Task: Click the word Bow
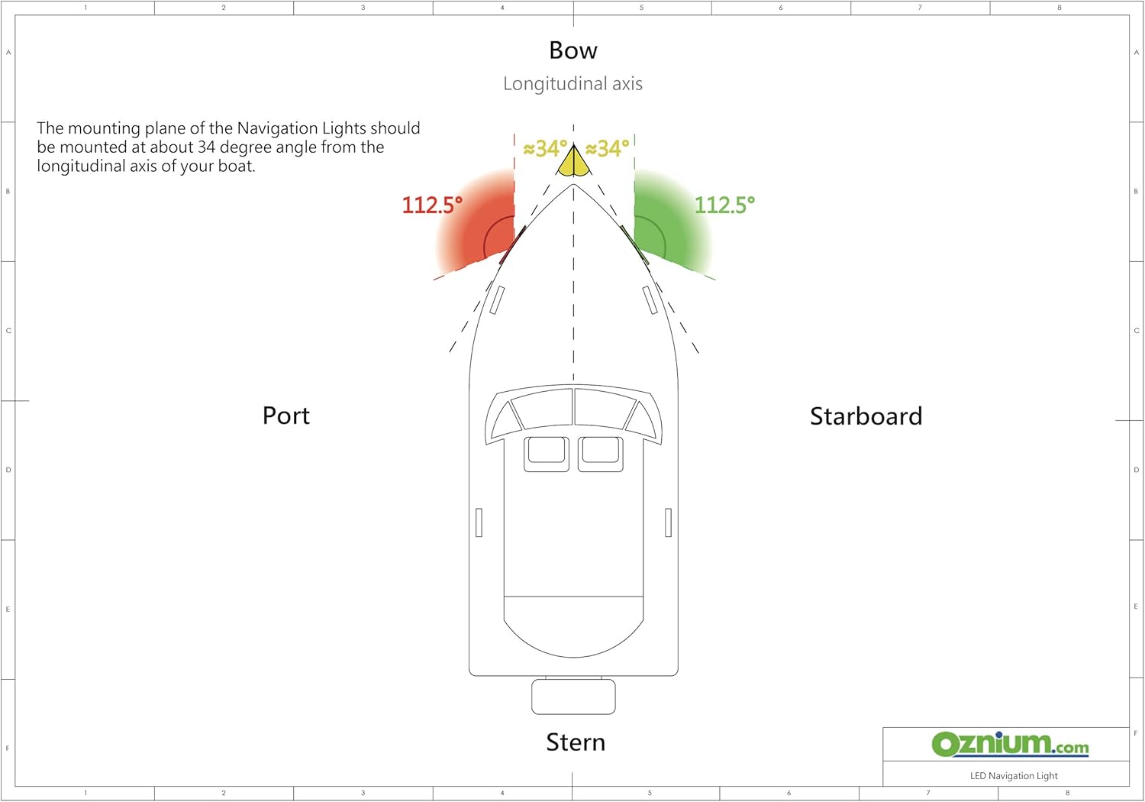click(x=573, y=50)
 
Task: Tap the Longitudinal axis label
click(x=572, y=83)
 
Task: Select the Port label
click(x=285, y=416)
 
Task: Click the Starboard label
click(x=866, y=416)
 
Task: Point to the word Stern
click(x=576, y=742)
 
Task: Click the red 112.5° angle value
click(x=432, y=205)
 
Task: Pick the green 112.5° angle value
click(x=724, y=205)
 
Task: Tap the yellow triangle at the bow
click(x=573, y=163)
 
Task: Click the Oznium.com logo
click(x=1010, y=745)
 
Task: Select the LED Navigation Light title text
click(x=1014, y=776)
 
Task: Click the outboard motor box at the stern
click(x=573, y=697)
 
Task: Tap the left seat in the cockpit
click(x=547, y=454)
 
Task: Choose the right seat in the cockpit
click(x=601, y=454)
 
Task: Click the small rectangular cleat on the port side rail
click(x=479, y=522)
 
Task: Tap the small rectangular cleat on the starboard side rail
click(x=668, y=522)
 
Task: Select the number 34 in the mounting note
click(x=206, y=147)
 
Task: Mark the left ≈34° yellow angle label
click(x=546, y=149)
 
